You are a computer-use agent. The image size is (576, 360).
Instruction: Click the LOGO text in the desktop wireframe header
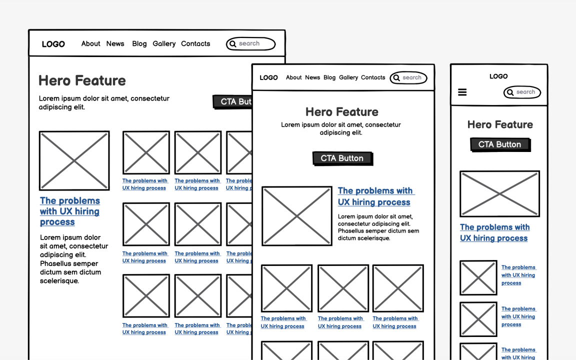[53, 44]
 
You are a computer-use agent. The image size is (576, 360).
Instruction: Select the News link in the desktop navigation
[115, 43]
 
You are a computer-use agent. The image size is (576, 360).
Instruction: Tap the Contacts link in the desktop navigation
[195, 43]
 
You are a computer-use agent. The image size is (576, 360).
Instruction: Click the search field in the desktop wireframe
[251, 44]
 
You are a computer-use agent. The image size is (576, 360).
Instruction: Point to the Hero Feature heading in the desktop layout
[82, 80]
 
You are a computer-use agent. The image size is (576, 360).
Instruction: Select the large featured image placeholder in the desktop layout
[74, 160]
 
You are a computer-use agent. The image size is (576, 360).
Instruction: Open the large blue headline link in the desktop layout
[69, 211]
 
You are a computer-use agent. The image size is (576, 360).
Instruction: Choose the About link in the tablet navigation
[293, 77]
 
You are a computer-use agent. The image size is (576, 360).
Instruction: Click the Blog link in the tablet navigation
[329, 77]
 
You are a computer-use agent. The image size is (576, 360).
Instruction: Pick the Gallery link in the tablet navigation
[348, 77]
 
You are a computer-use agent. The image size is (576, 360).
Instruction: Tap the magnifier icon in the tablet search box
[396, 77]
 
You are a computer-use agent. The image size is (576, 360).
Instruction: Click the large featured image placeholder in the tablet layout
[296, 216]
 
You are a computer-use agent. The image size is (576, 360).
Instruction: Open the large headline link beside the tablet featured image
[375, 196]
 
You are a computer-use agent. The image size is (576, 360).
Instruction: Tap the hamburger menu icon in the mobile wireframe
[462, 92]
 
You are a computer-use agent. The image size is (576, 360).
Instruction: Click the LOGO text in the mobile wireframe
[498, 76]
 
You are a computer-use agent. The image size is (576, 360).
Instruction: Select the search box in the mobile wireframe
[522, 92]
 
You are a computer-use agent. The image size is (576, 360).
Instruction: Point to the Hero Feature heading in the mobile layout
[500, 124]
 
